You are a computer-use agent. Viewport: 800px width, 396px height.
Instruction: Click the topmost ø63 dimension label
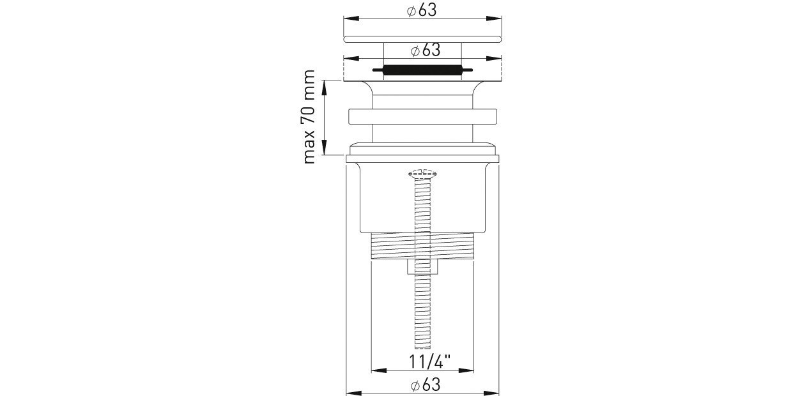click(x=422, y=10)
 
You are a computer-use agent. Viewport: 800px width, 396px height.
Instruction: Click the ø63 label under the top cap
click(x=426, y=50)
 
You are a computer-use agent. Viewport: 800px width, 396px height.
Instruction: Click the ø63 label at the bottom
click(x=426, y=385)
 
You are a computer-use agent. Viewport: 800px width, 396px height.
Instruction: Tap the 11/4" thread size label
click(x=429, y=362)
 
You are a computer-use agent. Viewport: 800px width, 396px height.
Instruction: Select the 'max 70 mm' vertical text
click(x=309, y=117)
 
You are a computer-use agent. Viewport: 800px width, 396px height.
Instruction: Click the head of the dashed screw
click(x=422, y=174)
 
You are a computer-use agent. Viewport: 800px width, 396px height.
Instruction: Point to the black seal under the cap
click(x=422, y=71)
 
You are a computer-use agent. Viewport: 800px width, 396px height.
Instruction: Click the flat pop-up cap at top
click(x=422, y=39)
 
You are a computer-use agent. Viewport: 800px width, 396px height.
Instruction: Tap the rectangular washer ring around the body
click(x=422, y=116)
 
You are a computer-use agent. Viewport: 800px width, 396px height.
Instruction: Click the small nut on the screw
click(x=422, y=267)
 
